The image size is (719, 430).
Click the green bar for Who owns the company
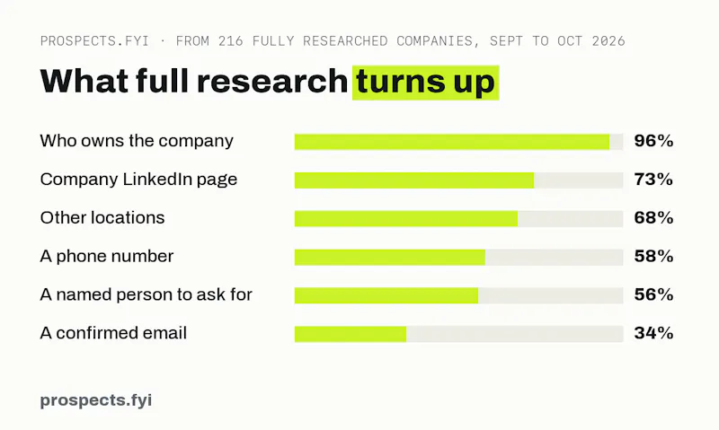pyautogui.click(x=452, y=142)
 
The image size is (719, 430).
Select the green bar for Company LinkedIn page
pyautogui.click(x=414, y=180)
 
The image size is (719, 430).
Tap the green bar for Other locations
pyautogui.click(x=406, y=218)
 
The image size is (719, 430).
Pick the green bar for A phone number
pyautogui.click(x=390, y=257)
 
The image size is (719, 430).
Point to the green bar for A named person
pyautogui.click(x=386, y=295)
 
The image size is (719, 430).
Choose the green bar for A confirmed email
pyautogui.click(x=351, y=334)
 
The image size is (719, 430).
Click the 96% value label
pyautogui.click(x=653, y=141)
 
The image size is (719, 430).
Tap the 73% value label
pyautogui.click(x=653, y=180)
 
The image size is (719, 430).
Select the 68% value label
pyautogui.click(x=653, y=218)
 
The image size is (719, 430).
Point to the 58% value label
pyautogui.click(x=653, y=257)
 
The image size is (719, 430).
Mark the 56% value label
pyautogui.click(x=653, y=295)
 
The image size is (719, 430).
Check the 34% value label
pyautogui.click(x=653, y=333)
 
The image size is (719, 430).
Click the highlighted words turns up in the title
pyautogui.click(x=425, y=83)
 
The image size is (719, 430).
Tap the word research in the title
pyautogui.click(x=272, y=81)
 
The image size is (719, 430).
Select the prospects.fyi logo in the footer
pyautogui.click(x=96, y=400)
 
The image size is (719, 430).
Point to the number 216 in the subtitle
pyautogui.click(x=231, y=41)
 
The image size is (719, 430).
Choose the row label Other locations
pyautogui.click(x=102, y=218)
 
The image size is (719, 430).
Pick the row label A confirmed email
pyautogui.click(x=113, y=333)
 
